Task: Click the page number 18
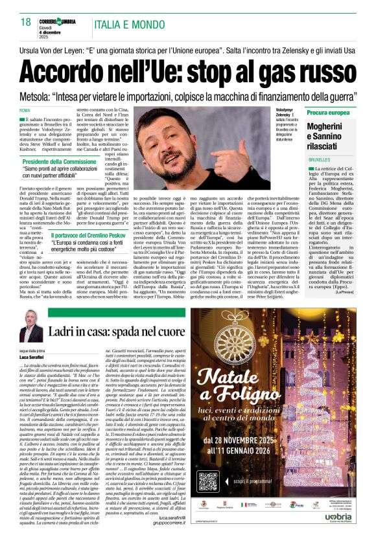point(26,22)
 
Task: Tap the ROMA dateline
point(25,111)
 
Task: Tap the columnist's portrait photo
point(30,330)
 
